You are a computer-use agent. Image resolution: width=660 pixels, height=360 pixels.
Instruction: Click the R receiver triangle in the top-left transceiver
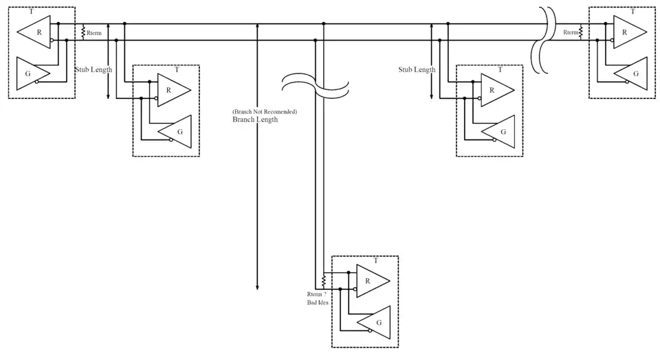(x=36, y=32)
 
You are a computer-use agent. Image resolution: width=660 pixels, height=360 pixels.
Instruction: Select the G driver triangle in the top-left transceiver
(x=30, y=72)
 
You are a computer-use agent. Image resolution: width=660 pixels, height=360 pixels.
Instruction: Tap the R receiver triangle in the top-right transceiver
(x=627, y=32)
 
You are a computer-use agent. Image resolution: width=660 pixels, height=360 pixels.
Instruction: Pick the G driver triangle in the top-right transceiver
(x=632, y=73)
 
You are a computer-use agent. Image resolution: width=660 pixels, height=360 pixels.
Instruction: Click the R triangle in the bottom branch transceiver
(x=370, y=280)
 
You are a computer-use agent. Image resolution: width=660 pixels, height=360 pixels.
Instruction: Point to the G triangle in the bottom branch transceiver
(x=375, y=322)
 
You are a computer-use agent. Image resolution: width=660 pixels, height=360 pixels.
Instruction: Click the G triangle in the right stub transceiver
(x=500, y=131)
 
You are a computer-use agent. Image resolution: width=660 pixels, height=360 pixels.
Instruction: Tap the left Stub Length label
(x=93, y=69)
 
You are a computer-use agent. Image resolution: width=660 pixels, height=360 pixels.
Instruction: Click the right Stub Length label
(x=417, y=69)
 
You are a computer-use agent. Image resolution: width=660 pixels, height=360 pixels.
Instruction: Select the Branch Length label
(x=255, y=120)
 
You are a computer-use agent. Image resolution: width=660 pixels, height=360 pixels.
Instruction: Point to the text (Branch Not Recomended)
(x=265, y=111)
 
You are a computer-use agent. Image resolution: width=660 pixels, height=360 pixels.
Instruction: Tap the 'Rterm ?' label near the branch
(x=316, y=294)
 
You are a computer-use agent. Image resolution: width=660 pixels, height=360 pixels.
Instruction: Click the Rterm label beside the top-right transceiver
(x=571, y=32)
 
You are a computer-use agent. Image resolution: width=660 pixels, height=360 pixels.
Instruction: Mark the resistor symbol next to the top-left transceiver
(x=82, y=32)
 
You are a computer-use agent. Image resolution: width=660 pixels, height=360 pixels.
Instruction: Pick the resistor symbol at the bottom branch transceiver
(x=323, y=282)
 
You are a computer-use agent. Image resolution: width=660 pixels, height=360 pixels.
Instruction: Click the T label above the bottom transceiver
(x=375, y=261)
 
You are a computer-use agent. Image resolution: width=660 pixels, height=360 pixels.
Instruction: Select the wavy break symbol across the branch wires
(x=316, y=85)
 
